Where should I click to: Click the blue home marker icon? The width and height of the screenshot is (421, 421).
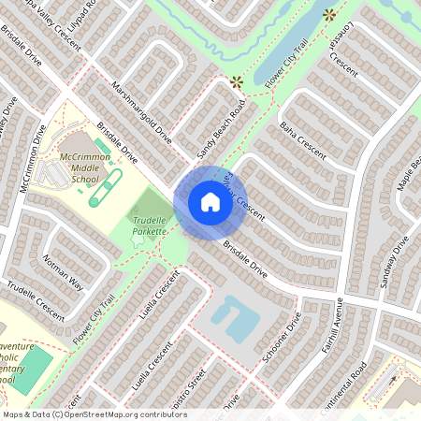point(210,201)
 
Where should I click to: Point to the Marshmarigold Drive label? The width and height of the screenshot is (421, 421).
point(141,111)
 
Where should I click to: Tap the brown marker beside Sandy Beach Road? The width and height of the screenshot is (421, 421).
point(236,82)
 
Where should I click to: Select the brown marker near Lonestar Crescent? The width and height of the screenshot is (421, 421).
point(329,15)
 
